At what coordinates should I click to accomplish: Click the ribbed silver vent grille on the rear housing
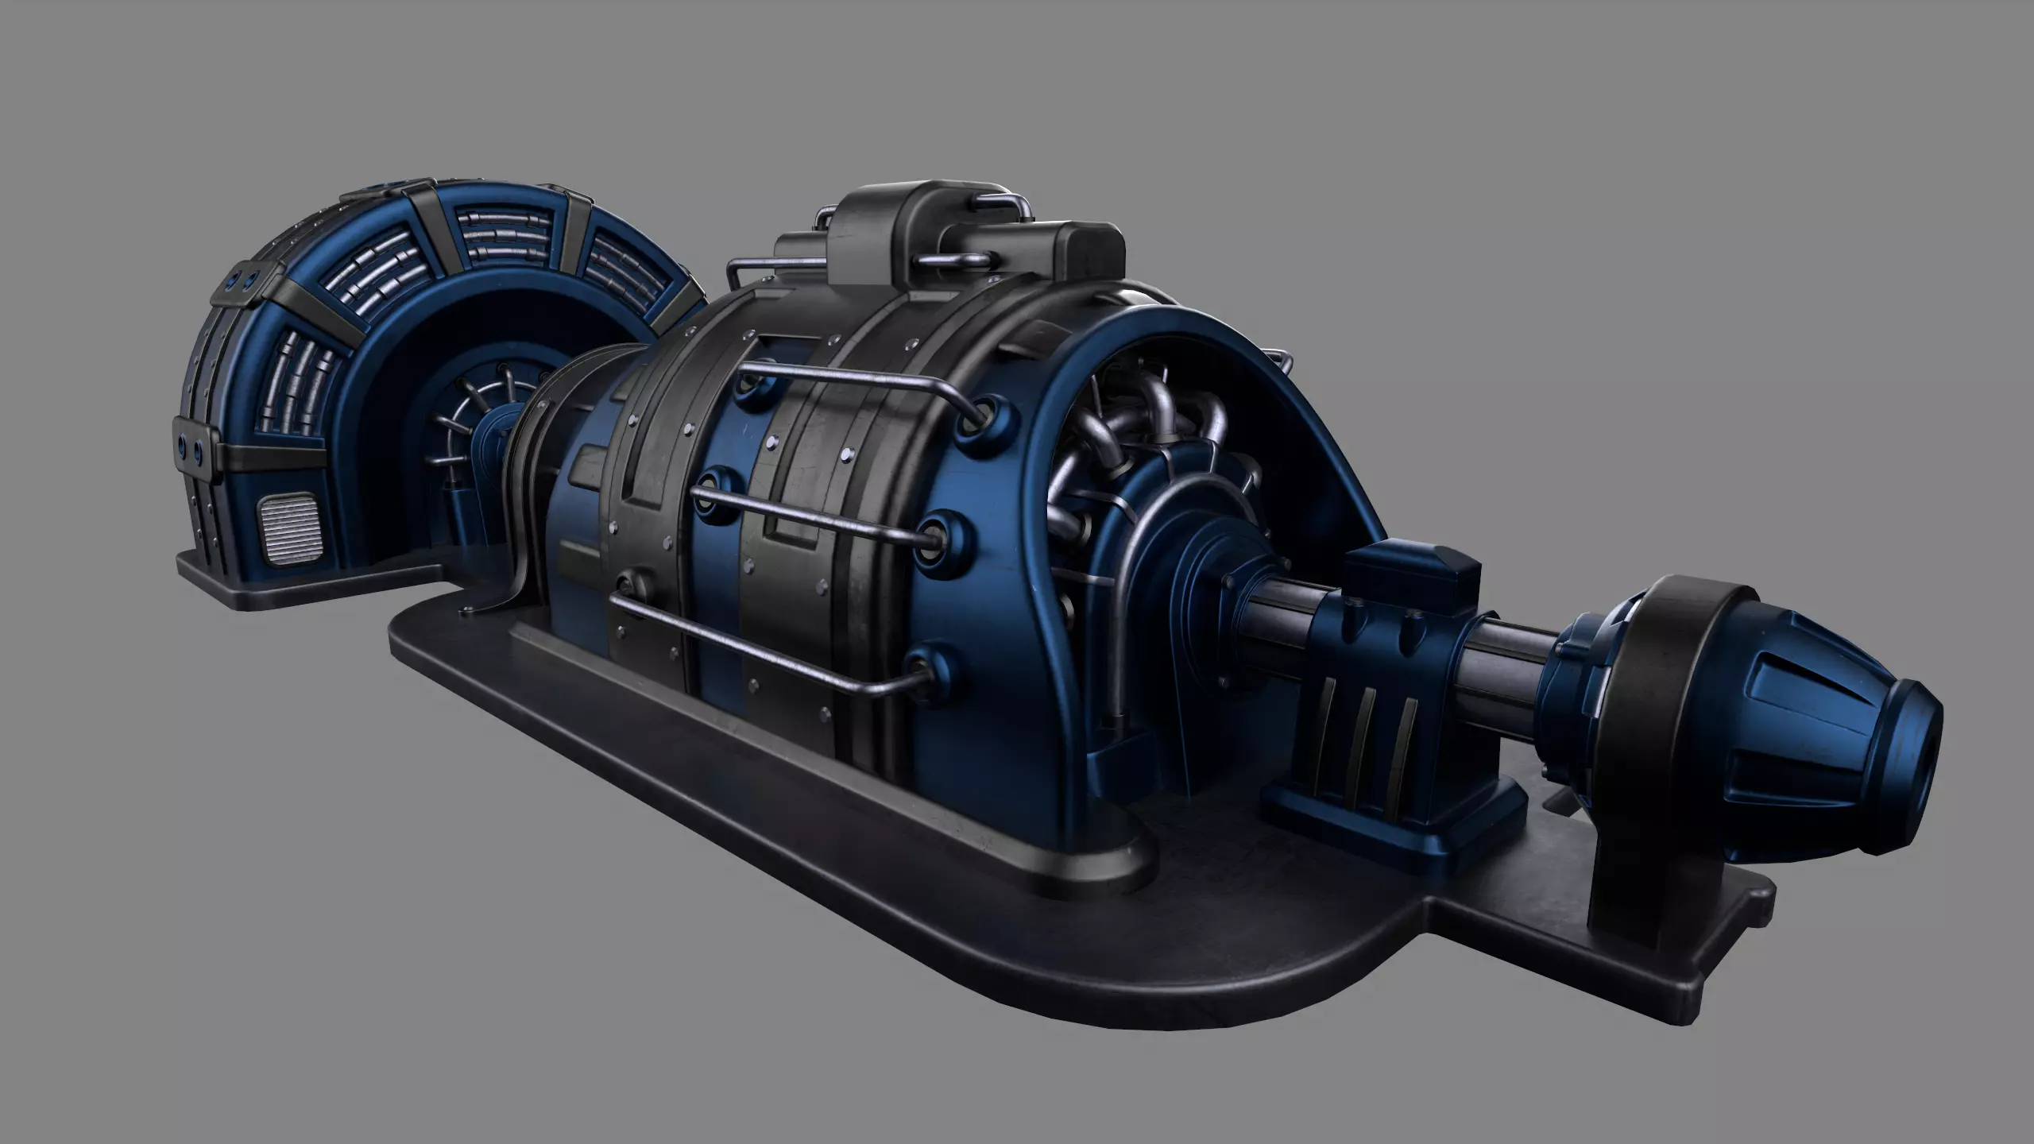pyautogui.click(x=292, y=542)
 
